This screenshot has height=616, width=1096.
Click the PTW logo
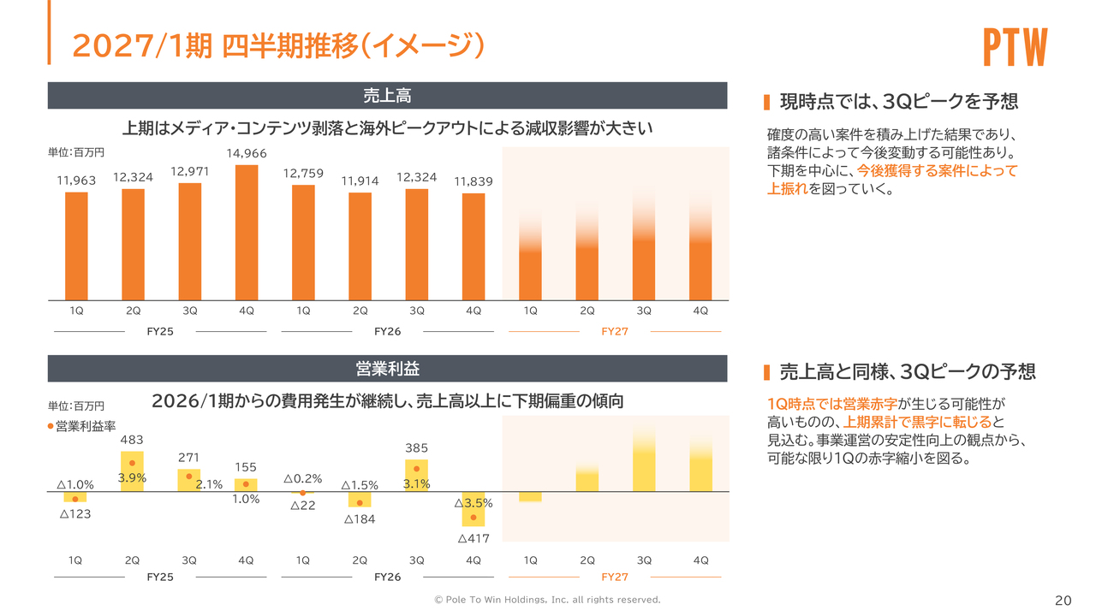coord(1016,48)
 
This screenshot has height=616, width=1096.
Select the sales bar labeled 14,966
coord(247,232)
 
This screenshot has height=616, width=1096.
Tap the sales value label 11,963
coord(76,180)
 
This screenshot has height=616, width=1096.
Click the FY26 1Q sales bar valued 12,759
coord(303,242)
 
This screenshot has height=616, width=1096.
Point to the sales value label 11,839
coord(474,181)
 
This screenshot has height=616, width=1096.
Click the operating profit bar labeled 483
coord(132,471)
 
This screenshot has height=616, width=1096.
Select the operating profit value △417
coord(474,539)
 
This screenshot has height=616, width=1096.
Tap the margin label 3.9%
coord(132,478)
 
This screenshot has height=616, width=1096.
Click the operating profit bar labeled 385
coord(416,475)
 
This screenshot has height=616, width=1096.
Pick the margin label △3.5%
coord(474,503)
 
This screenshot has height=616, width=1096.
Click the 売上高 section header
coord(387,95)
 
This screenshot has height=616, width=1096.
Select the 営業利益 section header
coord(387,369)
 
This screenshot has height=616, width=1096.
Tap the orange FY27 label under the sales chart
coord(615,332)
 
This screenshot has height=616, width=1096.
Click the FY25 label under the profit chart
coord(160,577)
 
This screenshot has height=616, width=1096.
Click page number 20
coord(1063,600)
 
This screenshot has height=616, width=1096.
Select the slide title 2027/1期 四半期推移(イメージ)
coord(278,45)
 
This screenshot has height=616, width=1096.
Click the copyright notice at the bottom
coord(548,600)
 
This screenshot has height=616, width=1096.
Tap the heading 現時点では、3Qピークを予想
coord(899,102)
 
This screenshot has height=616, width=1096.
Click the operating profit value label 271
coord(189,458)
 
